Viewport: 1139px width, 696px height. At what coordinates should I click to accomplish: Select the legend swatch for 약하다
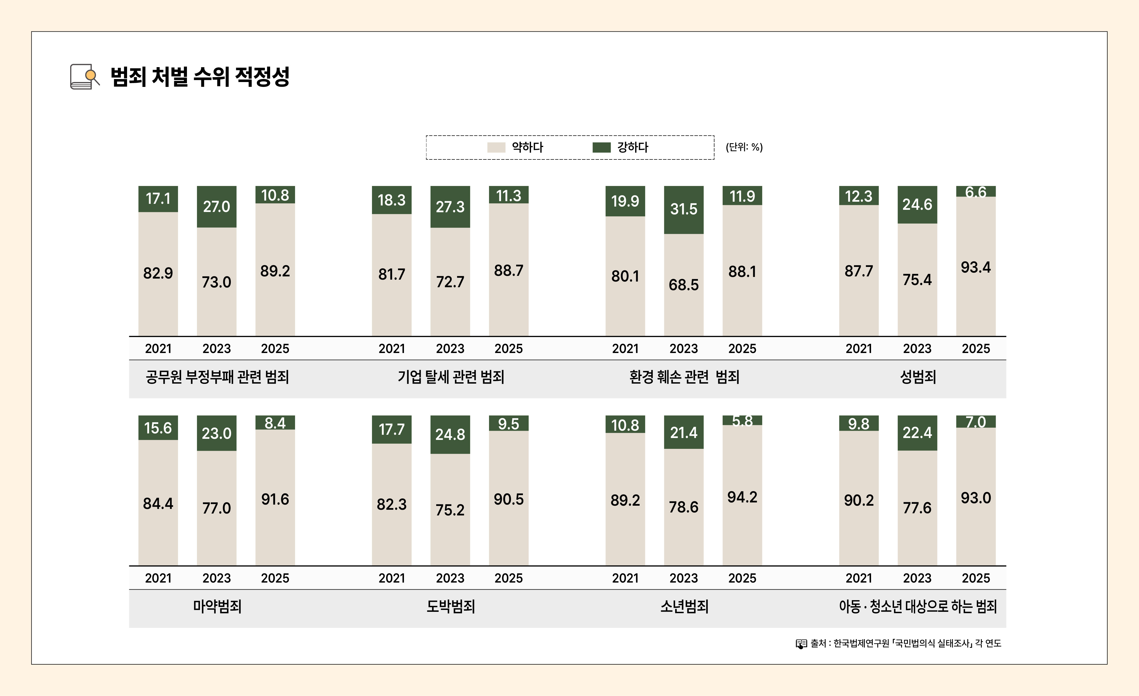click(x=496, y=147)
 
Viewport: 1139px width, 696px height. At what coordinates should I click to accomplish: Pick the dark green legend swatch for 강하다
click(x=601, y=147)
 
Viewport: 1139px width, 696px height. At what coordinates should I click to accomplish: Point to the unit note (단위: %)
click(x=744, y=147)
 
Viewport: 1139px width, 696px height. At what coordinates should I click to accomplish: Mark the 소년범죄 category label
click(x=684, y=606)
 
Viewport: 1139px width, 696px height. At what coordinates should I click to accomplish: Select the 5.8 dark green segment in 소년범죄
click(x=742, y=420)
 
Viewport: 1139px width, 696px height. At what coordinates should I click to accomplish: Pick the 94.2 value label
click(x=742, y=497)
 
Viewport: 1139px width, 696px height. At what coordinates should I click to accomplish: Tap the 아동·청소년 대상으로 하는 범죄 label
click(x=918, y=606)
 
